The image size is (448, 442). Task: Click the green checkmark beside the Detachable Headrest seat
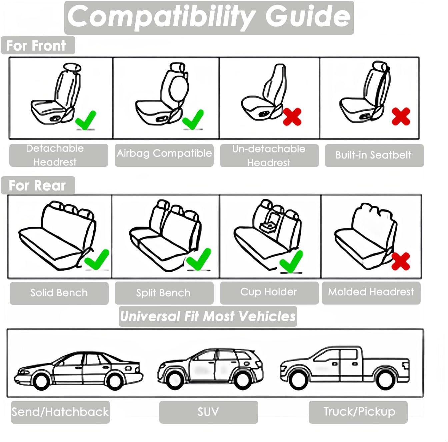coord(86,120)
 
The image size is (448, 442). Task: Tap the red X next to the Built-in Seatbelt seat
coord(401,116)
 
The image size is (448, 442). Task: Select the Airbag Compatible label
coord(164,153)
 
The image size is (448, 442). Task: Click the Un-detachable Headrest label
coord(269,155)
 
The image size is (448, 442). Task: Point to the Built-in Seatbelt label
coord(374,155)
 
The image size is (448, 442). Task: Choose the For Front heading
coord(37,45)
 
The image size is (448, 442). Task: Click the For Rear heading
coord(37,185)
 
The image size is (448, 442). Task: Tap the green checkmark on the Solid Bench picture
coord(97,259)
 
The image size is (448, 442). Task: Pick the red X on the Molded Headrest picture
coord(401,261)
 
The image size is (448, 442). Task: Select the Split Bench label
coord(163,293)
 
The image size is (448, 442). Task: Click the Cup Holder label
coord(269,292)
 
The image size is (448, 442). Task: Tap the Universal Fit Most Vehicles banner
coord(208,316)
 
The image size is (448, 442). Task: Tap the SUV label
coord(208,412)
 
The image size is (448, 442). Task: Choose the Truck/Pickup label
coord(359,412)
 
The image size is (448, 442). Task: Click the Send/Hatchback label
coord(60,412)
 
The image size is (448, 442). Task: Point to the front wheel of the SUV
coord(175,378)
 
